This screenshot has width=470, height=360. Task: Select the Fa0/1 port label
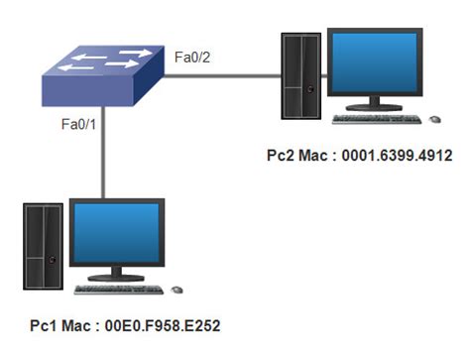(79, 126)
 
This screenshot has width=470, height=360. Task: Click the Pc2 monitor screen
(385, 61)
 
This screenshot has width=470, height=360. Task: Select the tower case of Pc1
(40, 247)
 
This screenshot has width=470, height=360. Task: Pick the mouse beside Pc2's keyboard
(433, 119)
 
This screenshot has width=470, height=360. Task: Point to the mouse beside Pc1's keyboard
(176, 290)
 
